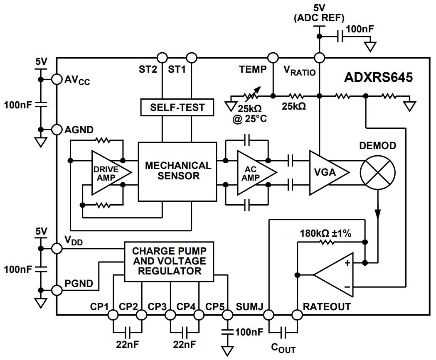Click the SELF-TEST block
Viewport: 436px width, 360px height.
pos(177,107)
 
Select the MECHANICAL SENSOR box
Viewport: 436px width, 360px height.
pos(177,171)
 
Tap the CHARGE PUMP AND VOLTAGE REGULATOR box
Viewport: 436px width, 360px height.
pos(169,261)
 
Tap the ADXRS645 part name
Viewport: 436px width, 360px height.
pos(378,78)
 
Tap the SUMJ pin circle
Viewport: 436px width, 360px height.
pos(268,315)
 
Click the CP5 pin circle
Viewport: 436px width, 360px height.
pos(227,315)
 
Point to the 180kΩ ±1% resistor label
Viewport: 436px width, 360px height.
pos(325,233)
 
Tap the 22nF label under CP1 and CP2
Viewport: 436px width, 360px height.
pos(127,344)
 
